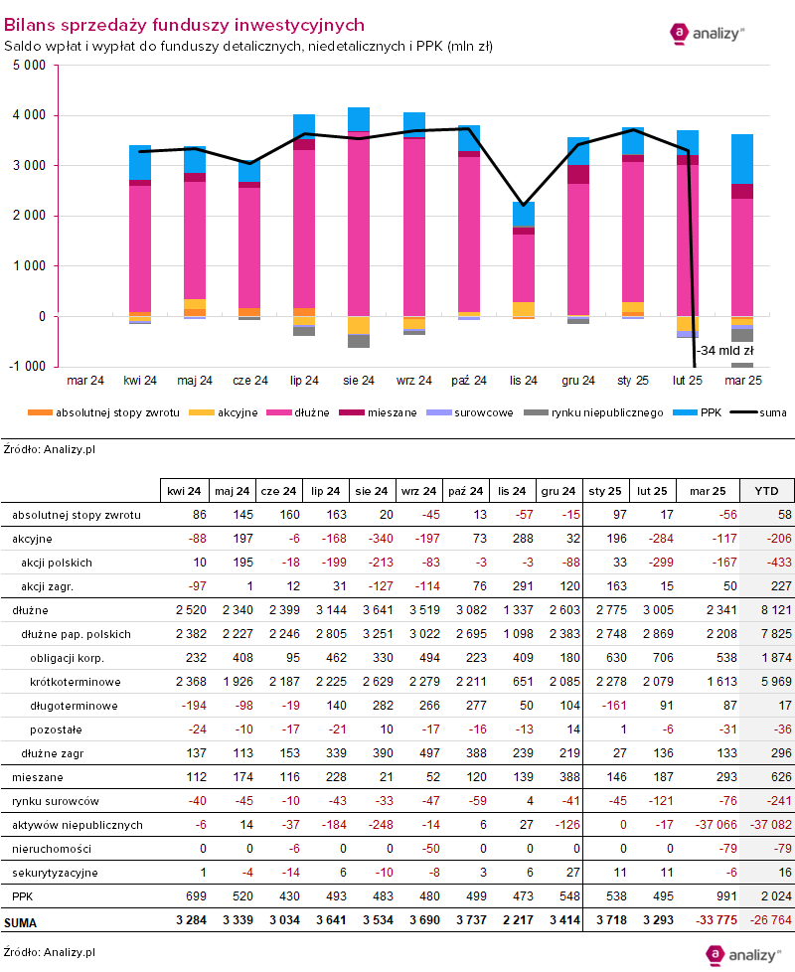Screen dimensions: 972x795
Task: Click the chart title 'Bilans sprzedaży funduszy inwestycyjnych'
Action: pos(184,25)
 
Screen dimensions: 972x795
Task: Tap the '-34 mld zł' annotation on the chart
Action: pos(726,351)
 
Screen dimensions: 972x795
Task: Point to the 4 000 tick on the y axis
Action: pos(31,115)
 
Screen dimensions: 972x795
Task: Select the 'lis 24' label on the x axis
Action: pos(523,381)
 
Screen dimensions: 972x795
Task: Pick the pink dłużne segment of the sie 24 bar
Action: pos(359,224)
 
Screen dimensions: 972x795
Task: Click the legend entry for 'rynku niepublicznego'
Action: pos(608,411)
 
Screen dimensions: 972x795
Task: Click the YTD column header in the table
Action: pos(766,491)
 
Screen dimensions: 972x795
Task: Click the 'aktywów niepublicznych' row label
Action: pos(78,825)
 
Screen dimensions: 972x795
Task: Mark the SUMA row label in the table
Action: pos(22,920)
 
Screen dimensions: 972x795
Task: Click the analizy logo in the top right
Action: pos(708,33)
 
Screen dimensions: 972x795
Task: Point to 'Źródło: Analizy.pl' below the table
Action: pos(50,951)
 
